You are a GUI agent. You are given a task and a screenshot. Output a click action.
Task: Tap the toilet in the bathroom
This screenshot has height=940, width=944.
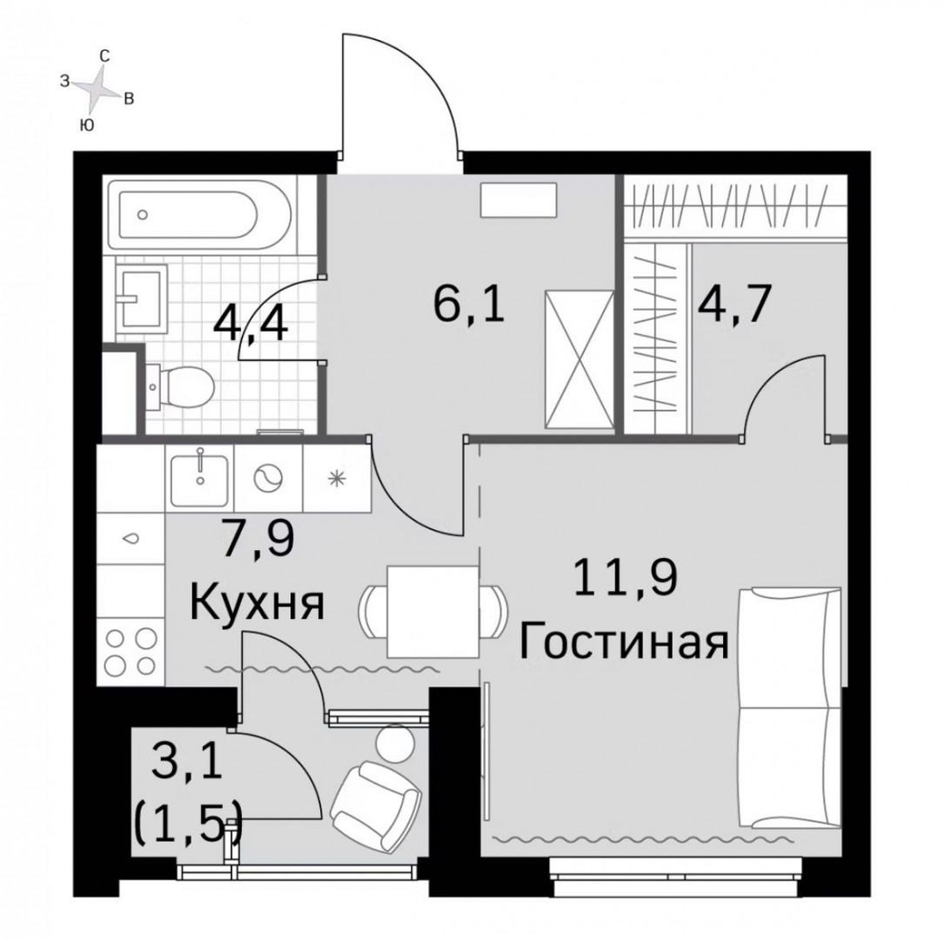click(x=180, y=386)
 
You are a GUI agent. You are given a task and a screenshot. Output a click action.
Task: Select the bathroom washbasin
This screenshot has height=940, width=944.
click(x=142, y=297)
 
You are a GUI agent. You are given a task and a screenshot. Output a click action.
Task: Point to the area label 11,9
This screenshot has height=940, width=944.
click(x=626, y=577)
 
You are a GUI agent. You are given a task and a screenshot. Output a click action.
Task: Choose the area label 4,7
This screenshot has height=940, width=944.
click(x=734, y=304)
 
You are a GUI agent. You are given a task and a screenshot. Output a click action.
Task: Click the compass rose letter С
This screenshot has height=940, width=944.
click(x=104, y=57)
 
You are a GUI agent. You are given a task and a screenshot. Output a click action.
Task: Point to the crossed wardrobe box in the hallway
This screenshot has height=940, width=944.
click(x=580, y=359)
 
